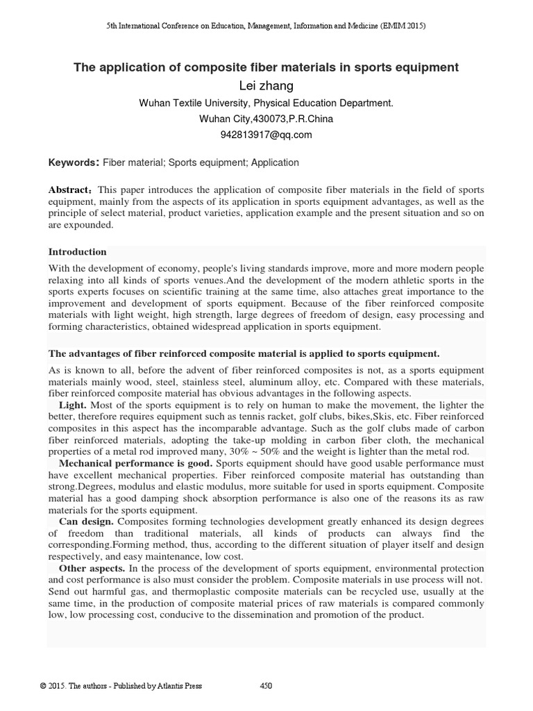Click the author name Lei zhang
click(x=266, y=85)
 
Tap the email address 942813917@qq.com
click(x=266, y=135)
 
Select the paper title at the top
click(x=266, y=67)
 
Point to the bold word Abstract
click(x=71, y=190)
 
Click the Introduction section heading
click(x=77, y=251)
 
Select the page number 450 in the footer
click(x=266, y=686)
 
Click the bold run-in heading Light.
click(x=73, y=404)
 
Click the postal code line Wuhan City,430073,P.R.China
click(x=266, y=119)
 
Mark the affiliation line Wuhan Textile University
click(x=266, y=103)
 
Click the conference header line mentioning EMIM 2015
click(x=266, y=26)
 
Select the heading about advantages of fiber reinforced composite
click(x=244, y=353)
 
